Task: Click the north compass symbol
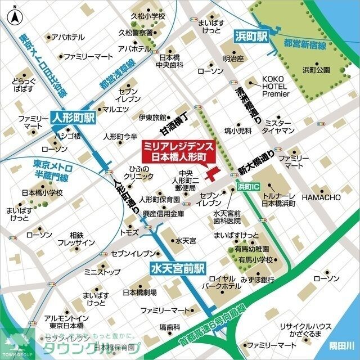click(12, 16)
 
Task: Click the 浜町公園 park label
click(316, 70)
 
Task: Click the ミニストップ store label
click(102, 272)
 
